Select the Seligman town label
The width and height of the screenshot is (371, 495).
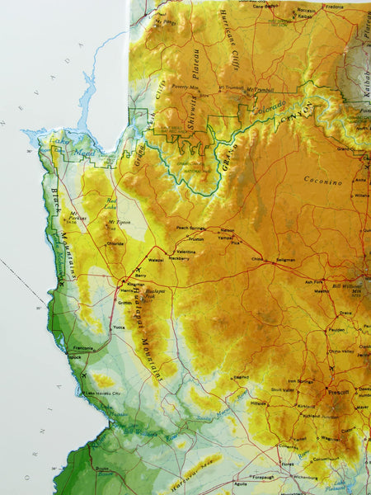[x=286, y=262]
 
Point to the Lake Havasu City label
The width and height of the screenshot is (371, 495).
[x=103, y=394]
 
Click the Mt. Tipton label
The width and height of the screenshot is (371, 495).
[x=122, y=223]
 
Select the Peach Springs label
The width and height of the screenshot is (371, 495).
[x=191, y=228]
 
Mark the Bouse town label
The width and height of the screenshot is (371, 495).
[x=102, y=469]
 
